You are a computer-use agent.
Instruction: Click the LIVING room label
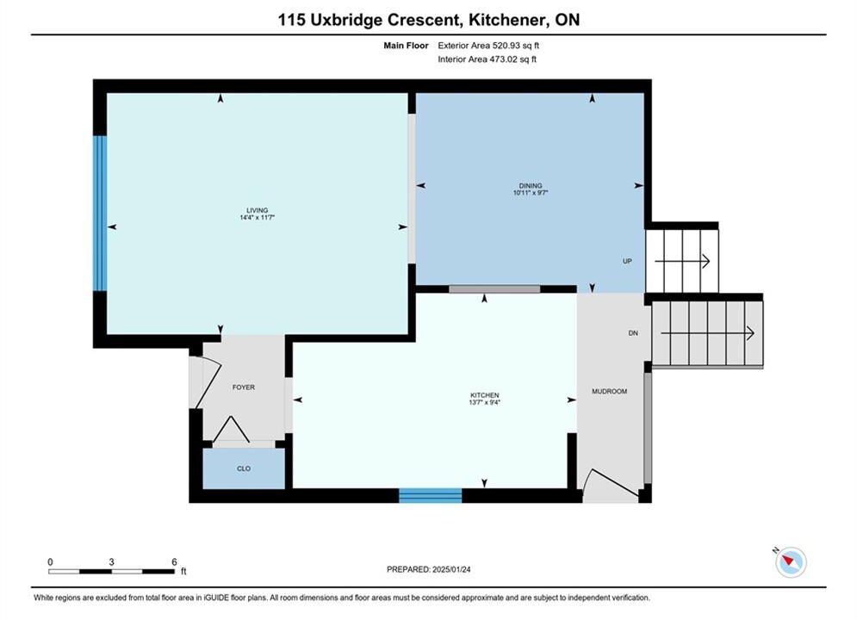point(257,210)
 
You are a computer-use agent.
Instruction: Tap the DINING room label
point(531,186)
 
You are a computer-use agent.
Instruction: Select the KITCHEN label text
point(485,395)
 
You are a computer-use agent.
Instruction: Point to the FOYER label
point(244,387)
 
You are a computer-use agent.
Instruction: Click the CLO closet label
point(244,468)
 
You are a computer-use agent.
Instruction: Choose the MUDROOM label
point(610,391)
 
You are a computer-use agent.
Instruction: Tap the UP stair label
point(627,261)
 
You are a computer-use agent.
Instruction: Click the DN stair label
point(633,333)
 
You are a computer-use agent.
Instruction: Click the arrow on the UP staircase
point(682,261)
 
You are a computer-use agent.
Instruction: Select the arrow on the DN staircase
point(708,333)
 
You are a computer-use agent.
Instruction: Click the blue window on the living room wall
point(99,213)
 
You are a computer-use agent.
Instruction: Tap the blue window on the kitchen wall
point(431,495)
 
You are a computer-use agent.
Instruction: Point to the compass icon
point(791,561)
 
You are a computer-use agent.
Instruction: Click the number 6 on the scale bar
point(174,561)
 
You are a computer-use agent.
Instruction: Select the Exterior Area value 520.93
point(506,46)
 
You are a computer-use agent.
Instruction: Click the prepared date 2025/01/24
point(451,569)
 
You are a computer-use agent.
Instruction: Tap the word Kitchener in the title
point(506,20)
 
